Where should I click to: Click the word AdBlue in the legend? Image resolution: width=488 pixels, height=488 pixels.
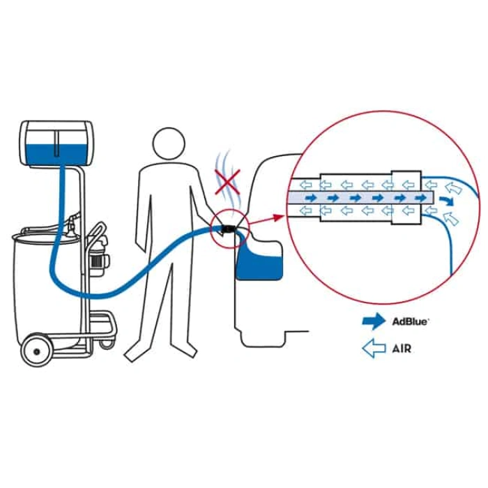coord(410,321)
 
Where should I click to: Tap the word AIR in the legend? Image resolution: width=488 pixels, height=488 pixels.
coord(401,349)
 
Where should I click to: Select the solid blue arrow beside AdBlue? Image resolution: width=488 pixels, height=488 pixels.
coord(374,321)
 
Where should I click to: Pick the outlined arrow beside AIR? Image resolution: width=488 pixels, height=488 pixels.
coord(374,349)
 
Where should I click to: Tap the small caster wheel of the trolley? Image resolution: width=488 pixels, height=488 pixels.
coord(106,342)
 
